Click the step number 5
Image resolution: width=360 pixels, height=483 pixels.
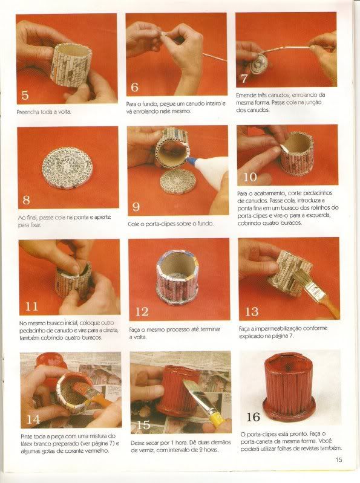coord(25,94)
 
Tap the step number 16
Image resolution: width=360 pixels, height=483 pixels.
coord(253,417)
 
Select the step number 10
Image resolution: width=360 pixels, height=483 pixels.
coord(250,177)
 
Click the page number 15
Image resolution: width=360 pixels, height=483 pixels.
coord(339,459)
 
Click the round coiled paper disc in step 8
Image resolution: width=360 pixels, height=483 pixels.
coord(67,167)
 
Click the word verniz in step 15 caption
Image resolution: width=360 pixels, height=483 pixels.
coord(144,450)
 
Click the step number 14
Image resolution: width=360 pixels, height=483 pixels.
coord(33,420)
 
